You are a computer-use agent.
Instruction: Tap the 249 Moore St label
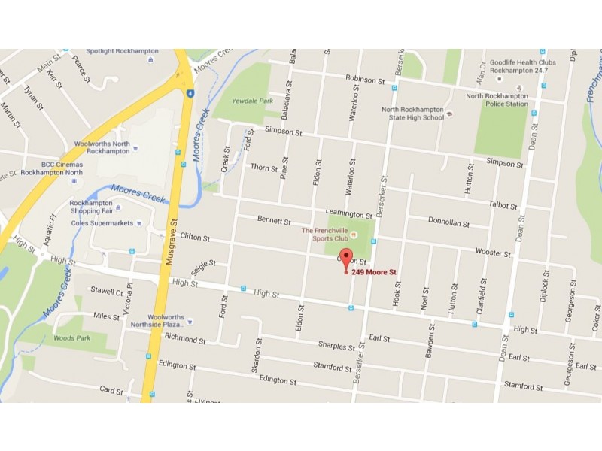pyautogui.click(x=374, y=272)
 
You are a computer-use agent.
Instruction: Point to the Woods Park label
pyautogui.click(x=71, y=338)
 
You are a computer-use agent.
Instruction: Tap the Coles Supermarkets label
pyautogui.click(x=101, y=222)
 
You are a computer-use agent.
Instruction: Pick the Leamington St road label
pyautogui.click(x=348, y=215)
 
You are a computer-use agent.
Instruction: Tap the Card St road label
pyautogui.click(x=111, y=389)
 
